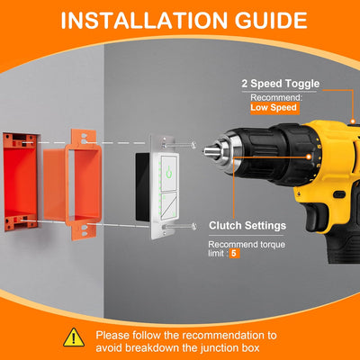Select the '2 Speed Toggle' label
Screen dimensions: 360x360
(x=278, y=84)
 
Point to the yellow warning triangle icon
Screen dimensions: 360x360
(x=73, y=337)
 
